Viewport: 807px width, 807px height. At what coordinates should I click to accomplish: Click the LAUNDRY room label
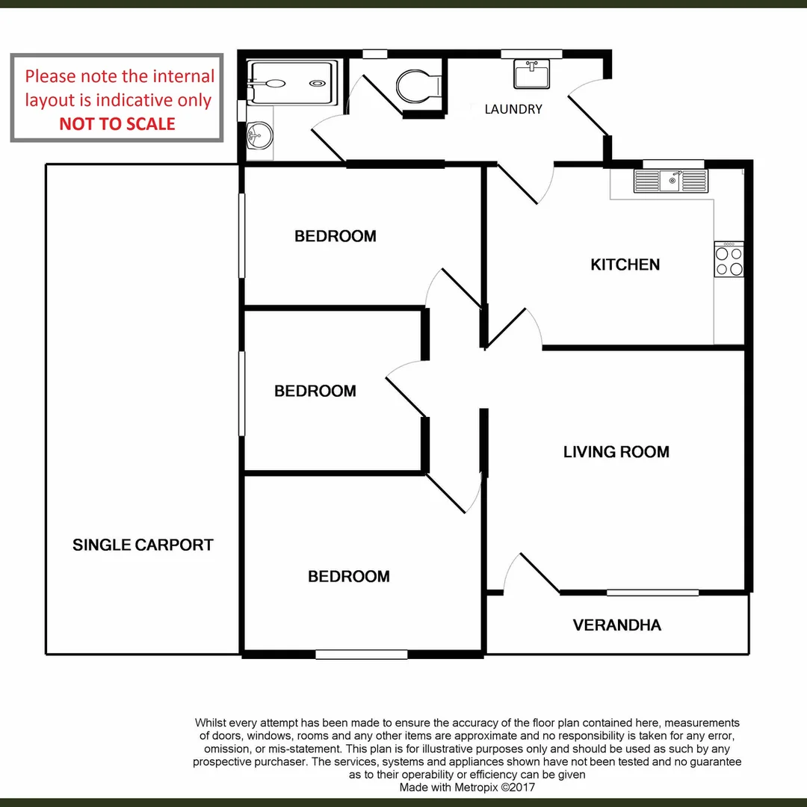pyautogui.click(x=513, y=109)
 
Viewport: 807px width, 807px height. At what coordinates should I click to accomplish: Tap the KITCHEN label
pyautogui.click(x=625, y=265)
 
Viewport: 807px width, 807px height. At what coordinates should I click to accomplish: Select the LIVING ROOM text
pyautogui.click(x=616, y=451)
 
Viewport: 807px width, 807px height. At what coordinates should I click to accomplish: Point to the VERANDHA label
pyautogui.click(x=616, y=625)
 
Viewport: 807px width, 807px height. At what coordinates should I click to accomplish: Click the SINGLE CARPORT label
pyautogui.click(x=143, y=545)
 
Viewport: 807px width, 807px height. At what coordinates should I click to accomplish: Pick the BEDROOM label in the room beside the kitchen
pyautogui.click(x=335, y=236)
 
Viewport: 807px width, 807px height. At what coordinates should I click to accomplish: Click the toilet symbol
pyautogui.click(x=418, y=87)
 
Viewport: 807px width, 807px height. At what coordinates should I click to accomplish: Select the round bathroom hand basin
pyautogui.click(x=259, y=136)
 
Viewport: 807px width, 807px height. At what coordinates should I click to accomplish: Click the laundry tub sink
pyautogui.click(x=531, y=73)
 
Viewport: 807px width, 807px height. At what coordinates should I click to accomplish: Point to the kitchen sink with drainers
pyautogui.click(x=670, y=181)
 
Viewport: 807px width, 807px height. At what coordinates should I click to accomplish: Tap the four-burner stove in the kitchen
pyautogui.click(x=729, y=260)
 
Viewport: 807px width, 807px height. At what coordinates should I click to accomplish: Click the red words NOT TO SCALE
pyautogui.click(x=117, y=123)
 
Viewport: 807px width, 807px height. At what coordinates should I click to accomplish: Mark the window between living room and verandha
pyautogui.click(x=652, y=593)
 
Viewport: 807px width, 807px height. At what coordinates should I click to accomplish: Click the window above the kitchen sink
pyautogui.click(x=673, y=164)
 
